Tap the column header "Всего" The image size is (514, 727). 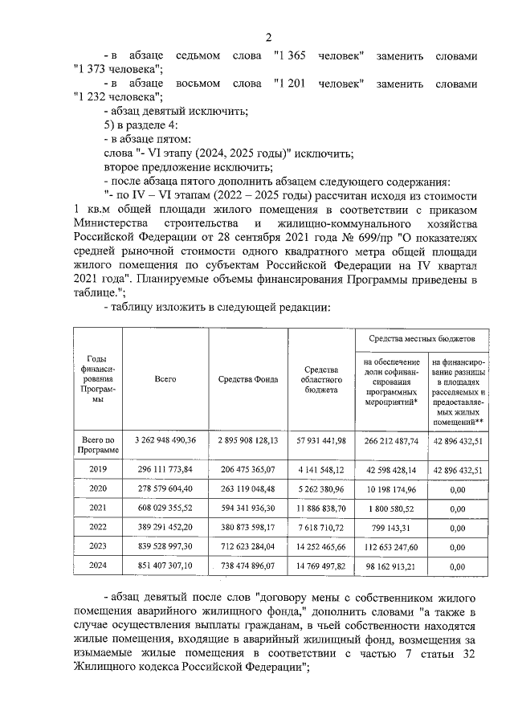(x=165, y=378)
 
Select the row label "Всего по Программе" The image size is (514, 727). (x=96, y=443)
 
